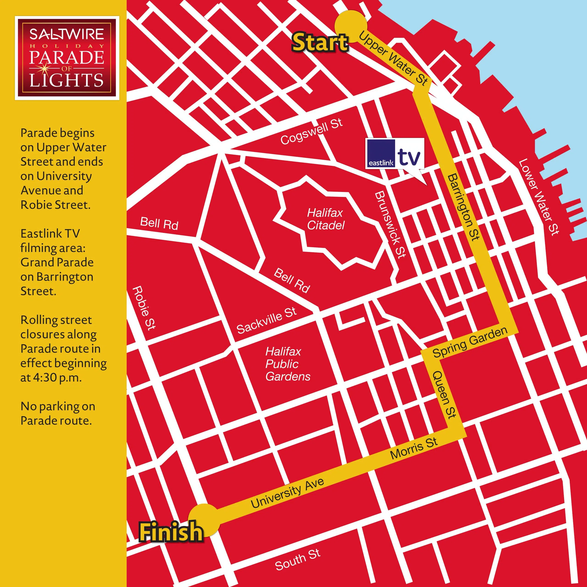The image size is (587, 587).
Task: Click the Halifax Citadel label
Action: (x=325, y=219)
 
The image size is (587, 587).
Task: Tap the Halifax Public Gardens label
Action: (x=287, y=364)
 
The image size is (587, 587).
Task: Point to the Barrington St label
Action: (x=463, y=207)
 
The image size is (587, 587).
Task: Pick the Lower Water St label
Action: (x=538, y=197)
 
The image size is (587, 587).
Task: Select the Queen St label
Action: (x=444, y=394)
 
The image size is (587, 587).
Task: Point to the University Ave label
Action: (x=287, y=493)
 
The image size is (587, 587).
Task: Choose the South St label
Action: (x=297, y=560)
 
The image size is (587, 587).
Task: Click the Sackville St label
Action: (x=266, y=321)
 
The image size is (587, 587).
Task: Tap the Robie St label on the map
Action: (x=144, y=308)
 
